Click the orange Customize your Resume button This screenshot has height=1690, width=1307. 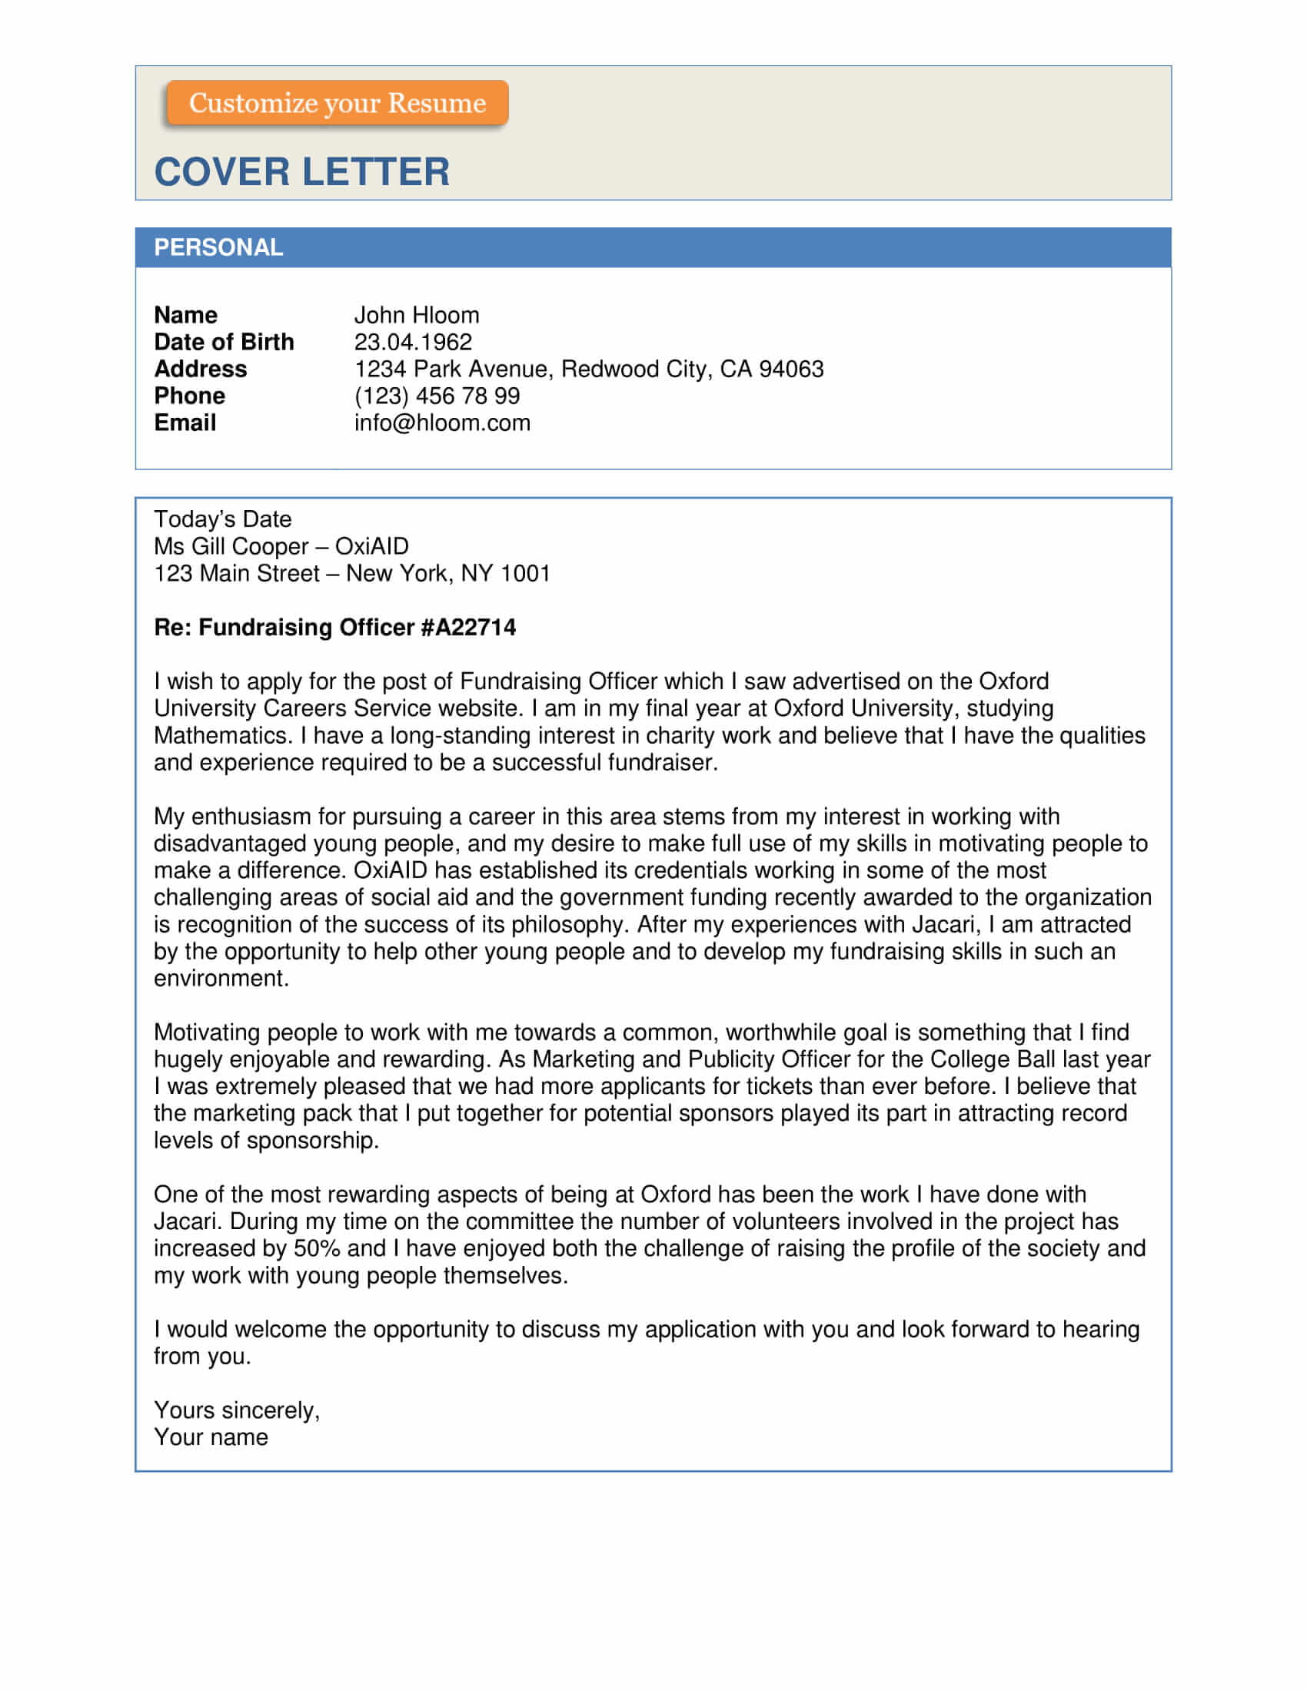point(337,103)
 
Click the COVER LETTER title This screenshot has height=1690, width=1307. point(301,172)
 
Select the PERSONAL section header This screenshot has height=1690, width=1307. point(218,247)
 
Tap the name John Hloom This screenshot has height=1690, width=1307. point(417,315)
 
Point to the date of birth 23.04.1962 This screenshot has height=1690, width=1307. point(413,342)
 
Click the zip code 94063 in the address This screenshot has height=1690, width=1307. point(791,369)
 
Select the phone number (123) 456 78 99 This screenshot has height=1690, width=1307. point(437,396)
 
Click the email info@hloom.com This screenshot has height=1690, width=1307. point(442,423)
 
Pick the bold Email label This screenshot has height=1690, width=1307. point(185,423)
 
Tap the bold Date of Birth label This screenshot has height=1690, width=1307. point(224,342)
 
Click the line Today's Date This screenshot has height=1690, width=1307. point(222,519)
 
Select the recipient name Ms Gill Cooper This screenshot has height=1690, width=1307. point(231,546)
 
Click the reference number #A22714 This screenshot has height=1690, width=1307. point(468,628)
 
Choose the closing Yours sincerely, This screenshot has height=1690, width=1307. point(236,1410)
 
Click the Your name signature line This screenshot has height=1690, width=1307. point(211,1438)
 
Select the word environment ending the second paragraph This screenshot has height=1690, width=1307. point(221,979)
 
